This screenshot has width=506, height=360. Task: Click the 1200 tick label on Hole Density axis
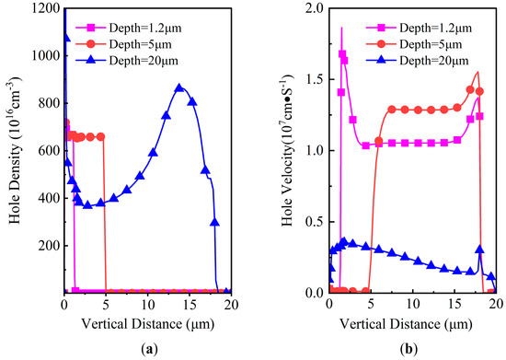tap(44, 8)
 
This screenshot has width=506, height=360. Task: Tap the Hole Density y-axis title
tap(13, 149)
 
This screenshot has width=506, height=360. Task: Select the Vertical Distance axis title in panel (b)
tap(412, 322)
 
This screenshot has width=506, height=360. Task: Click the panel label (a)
tap(147, 349)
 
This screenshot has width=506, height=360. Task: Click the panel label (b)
tap(413, 349)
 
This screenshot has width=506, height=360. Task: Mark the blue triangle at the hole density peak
tap(179, 88)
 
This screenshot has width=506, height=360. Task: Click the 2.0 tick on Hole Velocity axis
tap(316, 8)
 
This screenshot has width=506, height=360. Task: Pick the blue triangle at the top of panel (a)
tap(65, 38)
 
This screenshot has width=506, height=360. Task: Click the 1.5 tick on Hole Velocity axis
tap(316, 79)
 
